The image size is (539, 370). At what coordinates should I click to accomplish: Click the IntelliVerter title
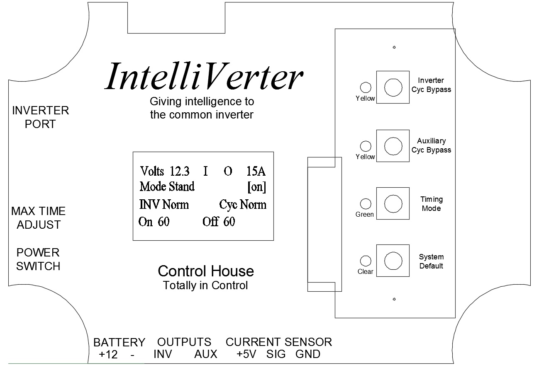tap(204, 76)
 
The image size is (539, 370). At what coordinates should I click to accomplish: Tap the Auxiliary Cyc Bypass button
tap(393, 146)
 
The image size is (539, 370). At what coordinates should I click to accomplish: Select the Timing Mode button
tap(393, 203)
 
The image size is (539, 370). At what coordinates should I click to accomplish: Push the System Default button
tap(393, 261)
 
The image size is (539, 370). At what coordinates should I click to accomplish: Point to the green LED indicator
tap(366, 204)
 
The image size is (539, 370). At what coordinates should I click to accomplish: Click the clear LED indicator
tap(366, 261)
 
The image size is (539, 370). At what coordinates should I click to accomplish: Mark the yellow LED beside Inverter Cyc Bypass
tap(366, 87)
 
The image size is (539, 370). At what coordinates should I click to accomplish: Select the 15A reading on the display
tap(256, 171)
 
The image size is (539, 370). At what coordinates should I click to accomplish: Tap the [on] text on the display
tap(256, 187)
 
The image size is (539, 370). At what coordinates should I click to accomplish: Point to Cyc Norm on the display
tap(243, 205)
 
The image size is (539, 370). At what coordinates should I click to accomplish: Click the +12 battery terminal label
tap(108, 355)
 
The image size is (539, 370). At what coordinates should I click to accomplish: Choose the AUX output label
tap(206, 355)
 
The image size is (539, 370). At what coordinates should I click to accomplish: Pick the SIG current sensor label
tap(276, 355)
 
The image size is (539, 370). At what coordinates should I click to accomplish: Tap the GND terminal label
tap(308, 355)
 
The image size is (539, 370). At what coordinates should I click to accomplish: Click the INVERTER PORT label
tap(40, 117)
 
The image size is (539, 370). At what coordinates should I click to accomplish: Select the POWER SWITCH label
tap(38, 259)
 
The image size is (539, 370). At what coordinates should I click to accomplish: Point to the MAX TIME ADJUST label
tap(39, 218)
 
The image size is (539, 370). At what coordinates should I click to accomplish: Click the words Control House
tap(206, 271)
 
